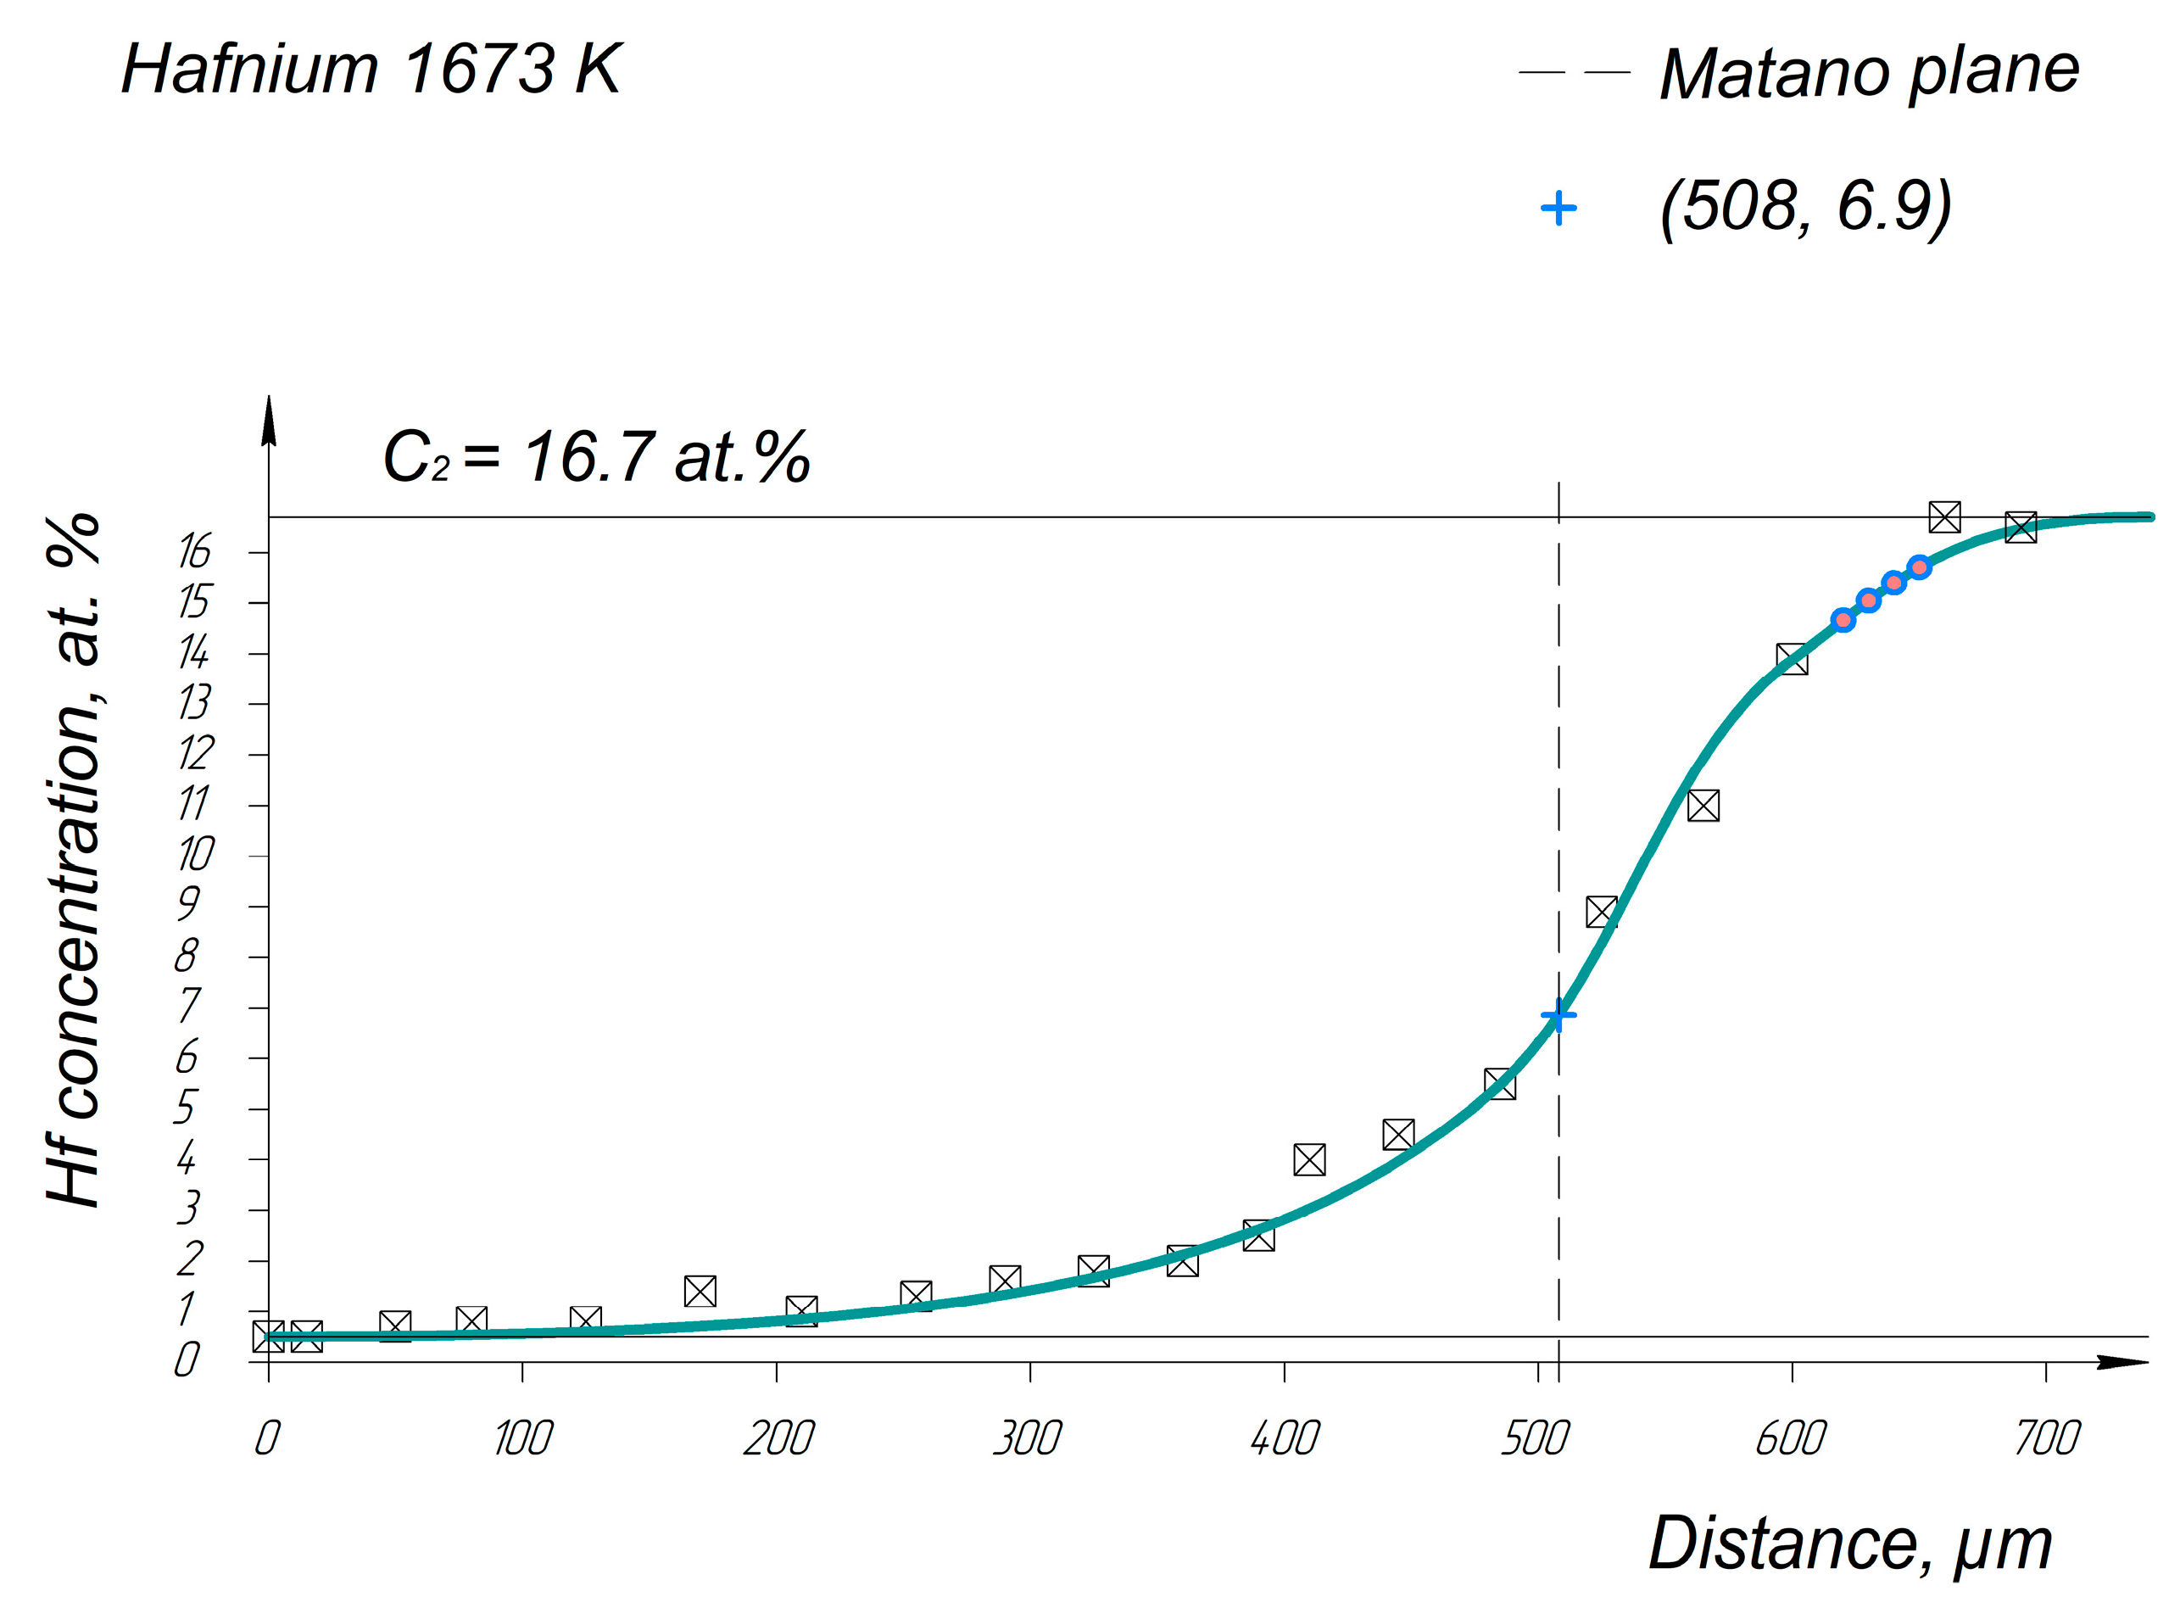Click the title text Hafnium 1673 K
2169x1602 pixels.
pos(371,70)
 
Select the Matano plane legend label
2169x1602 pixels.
pos(1869,72)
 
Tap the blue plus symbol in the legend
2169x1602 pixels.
pos(1558,208)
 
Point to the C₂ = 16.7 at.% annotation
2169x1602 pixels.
pos(596,457)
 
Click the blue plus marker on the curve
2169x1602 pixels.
pos(1558,1016)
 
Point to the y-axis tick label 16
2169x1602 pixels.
pos(194,552)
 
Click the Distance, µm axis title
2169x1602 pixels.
pos(1850,1543)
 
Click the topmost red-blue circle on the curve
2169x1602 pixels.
pos(1919,567)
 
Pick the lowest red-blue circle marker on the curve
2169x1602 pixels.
pos(1843,620)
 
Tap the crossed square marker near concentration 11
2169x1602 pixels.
pos(1703,806)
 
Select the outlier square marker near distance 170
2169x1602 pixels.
pos(700,1292)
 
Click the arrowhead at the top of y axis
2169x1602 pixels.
pos(270,420)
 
